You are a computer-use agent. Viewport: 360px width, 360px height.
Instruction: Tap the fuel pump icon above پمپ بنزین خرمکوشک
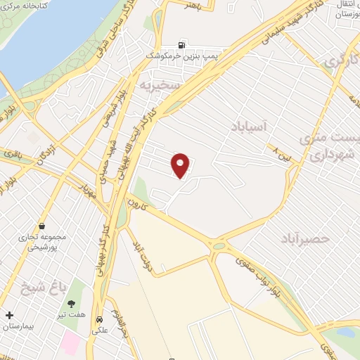184,44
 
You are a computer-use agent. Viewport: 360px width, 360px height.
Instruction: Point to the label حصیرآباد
304,238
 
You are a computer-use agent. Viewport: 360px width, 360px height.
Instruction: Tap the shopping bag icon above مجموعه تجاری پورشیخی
43,226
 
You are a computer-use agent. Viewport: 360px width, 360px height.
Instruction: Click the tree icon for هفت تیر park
72,304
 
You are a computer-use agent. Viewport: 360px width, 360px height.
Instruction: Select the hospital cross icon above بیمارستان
9,315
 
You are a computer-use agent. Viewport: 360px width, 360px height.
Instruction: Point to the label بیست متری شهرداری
328,147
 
